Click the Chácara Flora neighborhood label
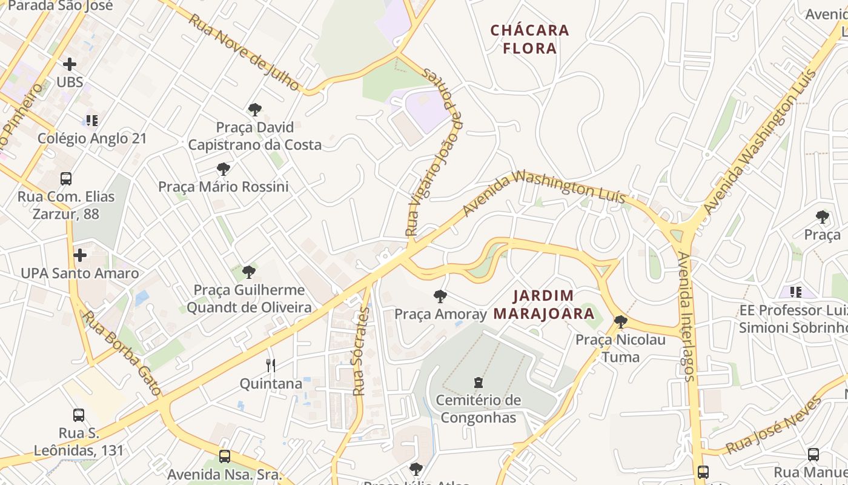coord(530,39)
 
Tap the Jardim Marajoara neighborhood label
coord(543,305)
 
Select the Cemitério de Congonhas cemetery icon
coord(479,382)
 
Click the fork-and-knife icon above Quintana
coord(271,365)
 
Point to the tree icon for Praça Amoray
coord(440,296)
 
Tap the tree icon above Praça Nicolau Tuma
coord(620,321)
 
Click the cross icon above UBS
coord(70,64)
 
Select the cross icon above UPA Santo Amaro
coord(79,255)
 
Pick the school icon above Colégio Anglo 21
coord(91,121)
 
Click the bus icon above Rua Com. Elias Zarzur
coord(66,179)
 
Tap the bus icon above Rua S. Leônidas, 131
coord(79,415)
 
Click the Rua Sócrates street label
coord(360,352)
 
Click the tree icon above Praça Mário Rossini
coord(224,169)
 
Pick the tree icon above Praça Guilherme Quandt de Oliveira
coord(248,272)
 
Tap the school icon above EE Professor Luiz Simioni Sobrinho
coord(795,292)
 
